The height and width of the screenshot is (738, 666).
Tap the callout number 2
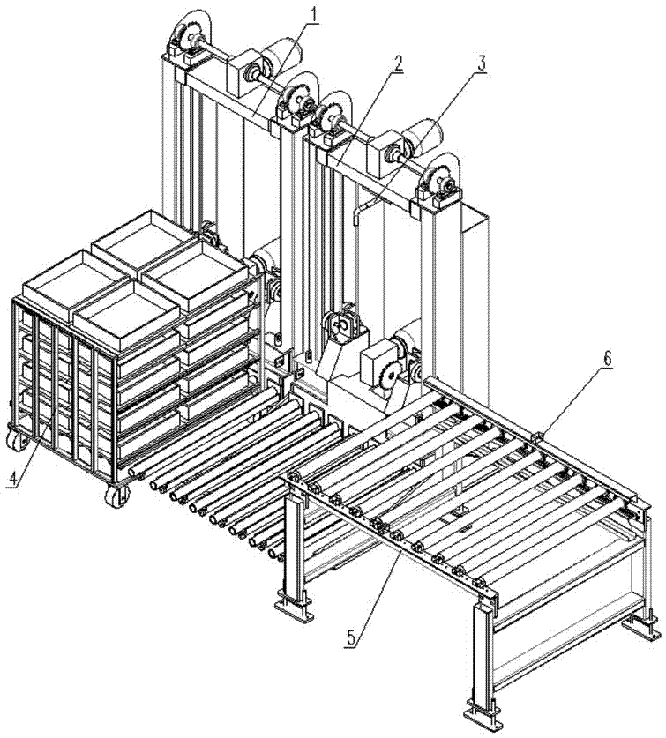tap(399, 63)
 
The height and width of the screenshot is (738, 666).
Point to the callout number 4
tap(14, 478)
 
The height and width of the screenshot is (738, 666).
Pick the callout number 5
tap(351, 637)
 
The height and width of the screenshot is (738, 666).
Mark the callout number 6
tap(608, 360)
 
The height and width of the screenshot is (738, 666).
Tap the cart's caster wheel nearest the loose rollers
tap(117, 496)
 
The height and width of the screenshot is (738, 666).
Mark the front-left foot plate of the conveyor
tap(295, 609)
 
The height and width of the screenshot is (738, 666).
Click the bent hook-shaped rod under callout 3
tap(358, 215)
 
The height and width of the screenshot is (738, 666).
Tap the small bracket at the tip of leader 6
tap(538, 437)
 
